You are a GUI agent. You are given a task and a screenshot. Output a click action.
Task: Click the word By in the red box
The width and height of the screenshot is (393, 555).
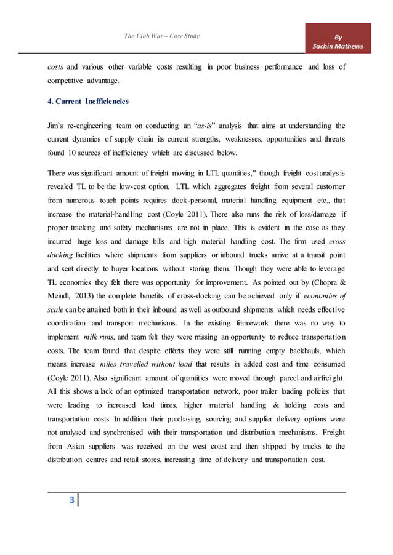click(x=338, y=36)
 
